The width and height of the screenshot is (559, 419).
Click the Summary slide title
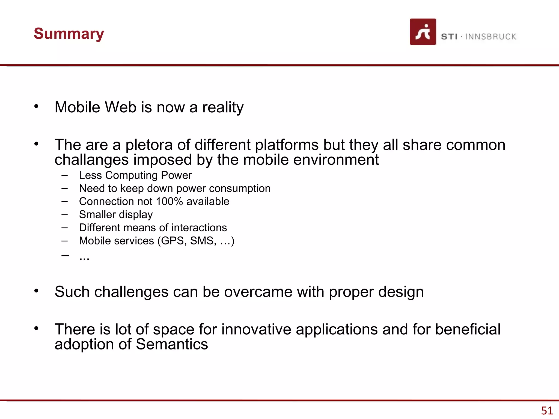[x=69, y=34]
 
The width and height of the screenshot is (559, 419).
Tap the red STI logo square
[x=423, y=32]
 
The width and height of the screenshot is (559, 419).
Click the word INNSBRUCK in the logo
[x=490, y=37]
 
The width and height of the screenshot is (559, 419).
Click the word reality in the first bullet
[x=223, y=107]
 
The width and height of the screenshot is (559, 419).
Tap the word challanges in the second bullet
[x=91, y=160]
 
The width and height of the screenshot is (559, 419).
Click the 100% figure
[x=169, y=202]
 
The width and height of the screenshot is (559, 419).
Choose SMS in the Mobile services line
[x=203, y=241]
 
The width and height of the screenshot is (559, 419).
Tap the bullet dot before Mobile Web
[x=36, y=106]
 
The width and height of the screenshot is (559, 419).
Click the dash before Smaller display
[x=65, y=215]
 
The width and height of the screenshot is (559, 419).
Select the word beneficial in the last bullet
[x=468, y=329]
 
